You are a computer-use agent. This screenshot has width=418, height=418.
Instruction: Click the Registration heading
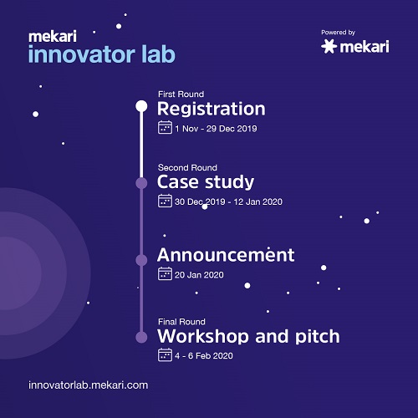point(211,109)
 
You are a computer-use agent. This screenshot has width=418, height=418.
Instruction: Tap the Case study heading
point(206,181)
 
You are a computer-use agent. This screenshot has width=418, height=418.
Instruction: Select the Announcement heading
point(226,254)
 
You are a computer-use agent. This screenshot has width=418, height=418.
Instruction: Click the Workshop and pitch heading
point(248,336)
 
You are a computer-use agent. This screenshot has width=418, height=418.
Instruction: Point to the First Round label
point(181,94)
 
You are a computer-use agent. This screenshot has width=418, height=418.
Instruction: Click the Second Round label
point(186,167)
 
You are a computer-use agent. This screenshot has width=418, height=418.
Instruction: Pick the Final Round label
point(181,321)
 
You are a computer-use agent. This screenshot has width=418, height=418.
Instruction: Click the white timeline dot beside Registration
point(141,106)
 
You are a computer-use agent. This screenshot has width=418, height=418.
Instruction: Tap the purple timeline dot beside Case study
point(141,182)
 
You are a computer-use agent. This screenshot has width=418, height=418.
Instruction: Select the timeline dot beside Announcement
point(141,260)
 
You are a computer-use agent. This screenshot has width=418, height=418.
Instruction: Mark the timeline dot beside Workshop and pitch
point(141,336)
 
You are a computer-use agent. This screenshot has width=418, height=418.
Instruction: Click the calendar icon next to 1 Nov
point(165,128)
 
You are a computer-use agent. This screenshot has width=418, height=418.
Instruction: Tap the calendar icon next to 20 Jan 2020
point(165,273)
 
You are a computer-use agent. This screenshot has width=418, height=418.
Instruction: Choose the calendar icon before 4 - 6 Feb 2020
point(165,355)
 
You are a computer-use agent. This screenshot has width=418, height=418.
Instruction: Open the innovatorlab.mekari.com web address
point(88,385)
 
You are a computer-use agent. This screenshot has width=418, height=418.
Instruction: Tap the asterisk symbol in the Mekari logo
point(329,47)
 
